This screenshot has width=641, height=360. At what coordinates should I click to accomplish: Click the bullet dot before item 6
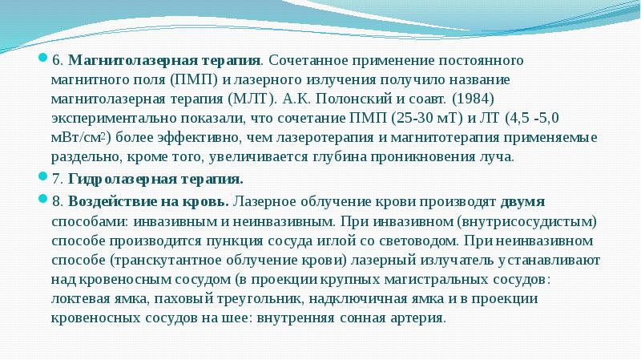pos(46,60)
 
